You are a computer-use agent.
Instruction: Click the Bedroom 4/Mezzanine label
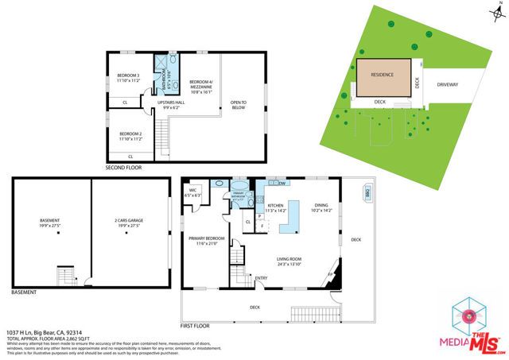(203, 84)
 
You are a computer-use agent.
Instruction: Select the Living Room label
(292, 259)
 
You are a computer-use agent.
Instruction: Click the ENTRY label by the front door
(261, 277)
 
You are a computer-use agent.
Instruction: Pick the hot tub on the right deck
(367, 192)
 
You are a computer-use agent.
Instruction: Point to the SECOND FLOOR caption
(124, 168)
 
